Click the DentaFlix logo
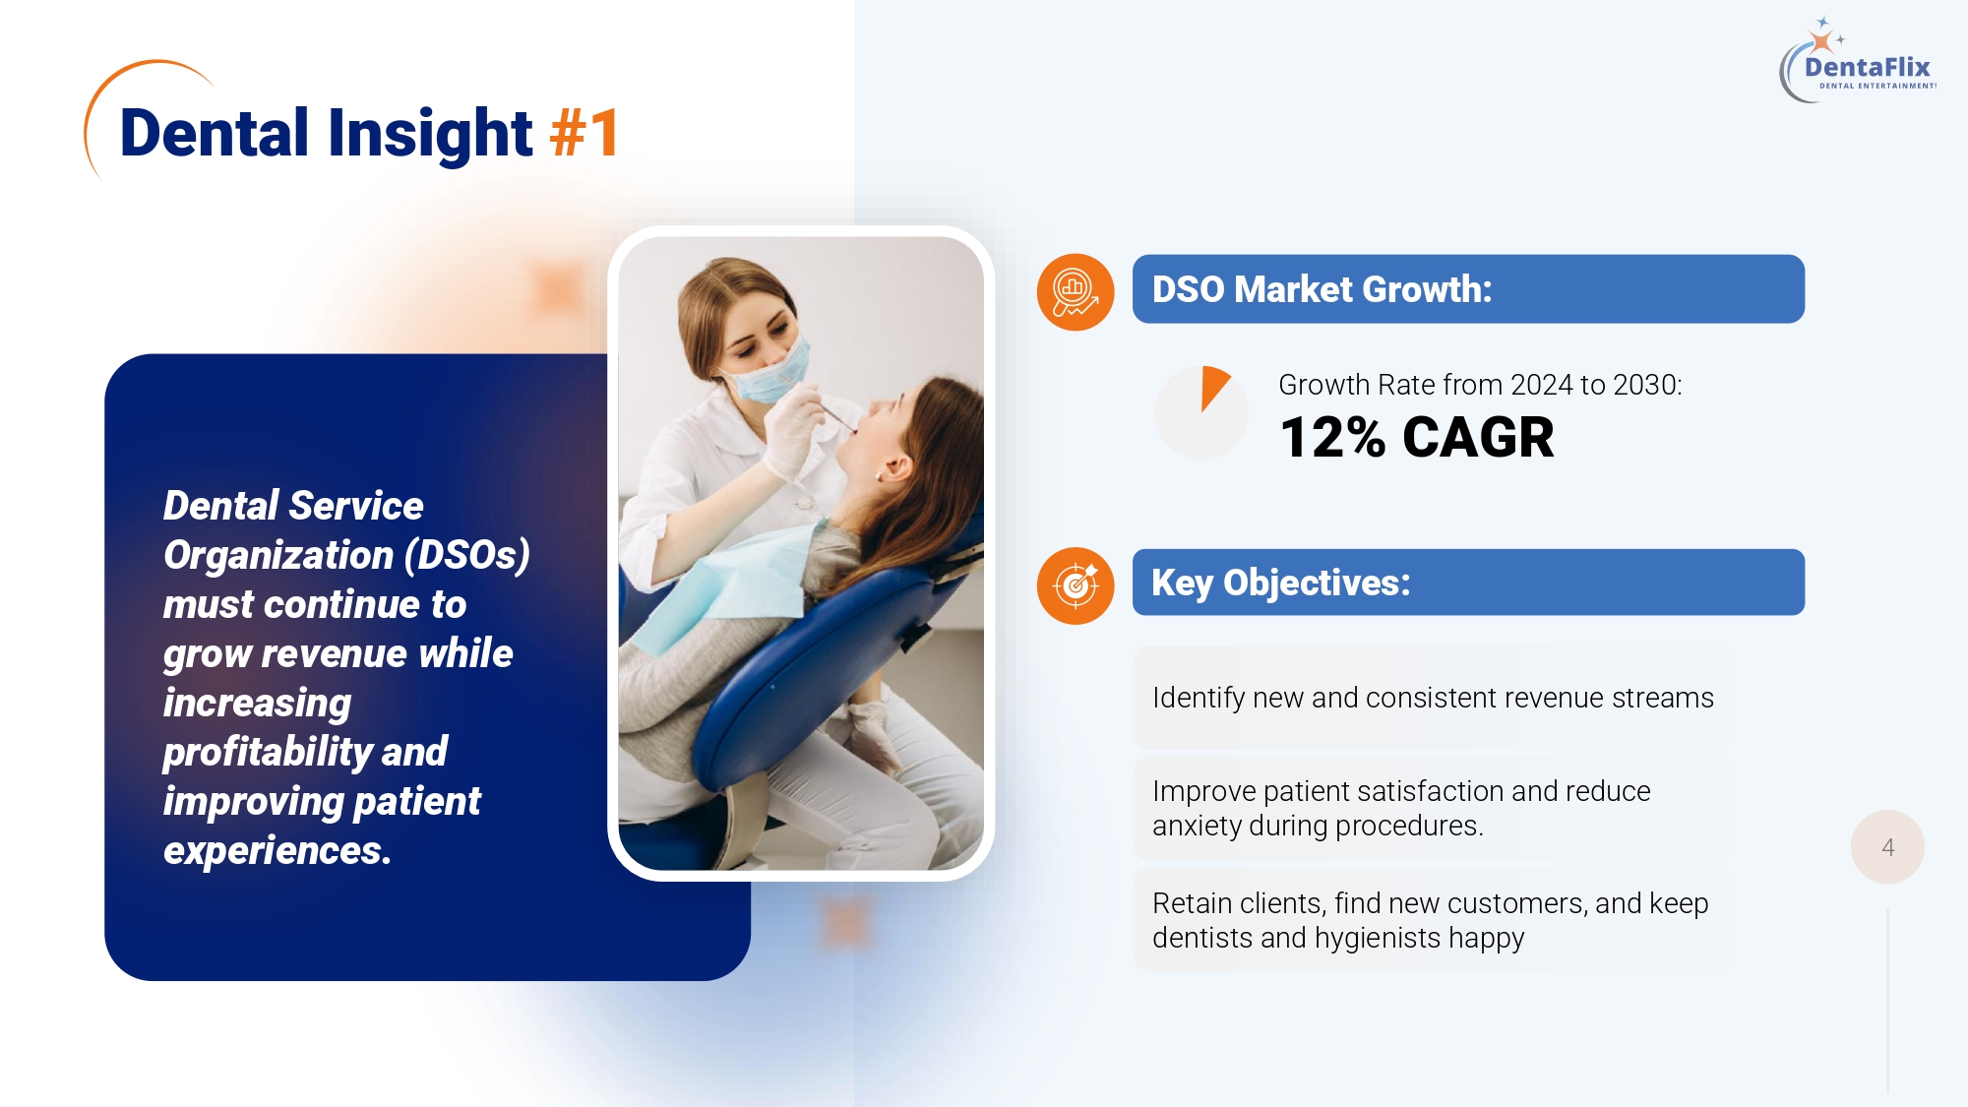coord(1858,60)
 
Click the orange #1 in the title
coord(584,133)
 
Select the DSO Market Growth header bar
coord(1468,289)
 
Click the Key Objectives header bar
coord(1468,583)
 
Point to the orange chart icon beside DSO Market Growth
coord(1076,292)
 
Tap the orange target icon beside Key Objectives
coord(1076,585)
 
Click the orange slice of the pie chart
coord(1214,385)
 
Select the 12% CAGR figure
coord(1417,437)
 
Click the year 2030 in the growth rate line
coord(1644,385)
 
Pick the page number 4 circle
coord(1887,847)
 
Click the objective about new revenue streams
coord(1433,698)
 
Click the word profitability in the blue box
coord(267,753)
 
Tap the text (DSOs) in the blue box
coord(467,556)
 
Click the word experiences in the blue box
coord(277,851)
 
